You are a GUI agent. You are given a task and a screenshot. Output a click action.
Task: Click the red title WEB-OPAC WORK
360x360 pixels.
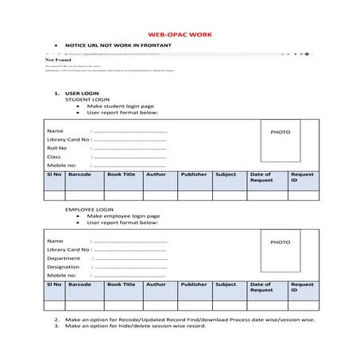180,36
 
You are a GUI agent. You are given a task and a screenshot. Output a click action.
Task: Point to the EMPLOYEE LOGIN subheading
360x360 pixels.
88,209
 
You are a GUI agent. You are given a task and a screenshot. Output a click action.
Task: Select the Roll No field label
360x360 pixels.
56,148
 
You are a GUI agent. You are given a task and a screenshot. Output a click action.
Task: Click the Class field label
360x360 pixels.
54,157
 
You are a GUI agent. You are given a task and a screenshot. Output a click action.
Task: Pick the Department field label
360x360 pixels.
64,258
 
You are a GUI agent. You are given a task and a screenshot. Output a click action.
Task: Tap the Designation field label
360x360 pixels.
64,267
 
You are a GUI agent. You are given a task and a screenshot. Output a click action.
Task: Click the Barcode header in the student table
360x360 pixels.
79,173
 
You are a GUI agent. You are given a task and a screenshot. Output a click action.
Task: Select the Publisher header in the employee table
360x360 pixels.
193,284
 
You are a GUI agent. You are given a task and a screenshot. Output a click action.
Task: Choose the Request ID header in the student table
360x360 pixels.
301,176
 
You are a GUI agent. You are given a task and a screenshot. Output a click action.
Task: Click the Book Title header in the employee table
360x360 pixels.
122,284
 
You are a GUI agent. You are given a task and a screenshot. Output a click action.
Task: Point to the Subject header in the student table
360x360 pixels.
226,173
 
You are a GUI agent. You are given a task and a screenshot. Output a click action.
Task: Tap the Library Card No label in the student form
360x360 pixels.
68,139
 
